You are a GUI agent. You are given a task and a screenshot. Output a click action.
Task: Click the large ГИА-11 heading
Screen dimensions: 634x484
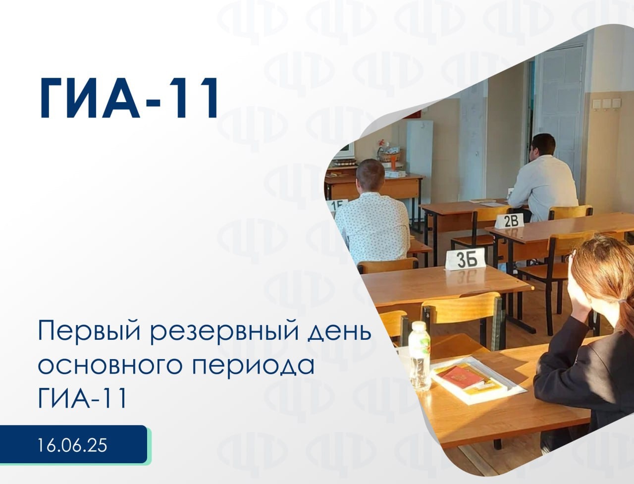point(128,98)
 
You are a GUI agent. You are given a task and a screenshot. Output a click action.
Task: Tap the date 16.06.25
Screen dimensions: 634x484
point(72,445)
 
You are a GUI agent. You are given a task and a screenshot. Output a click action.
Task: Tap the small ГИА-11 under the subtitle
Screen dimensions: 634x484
point(82,398)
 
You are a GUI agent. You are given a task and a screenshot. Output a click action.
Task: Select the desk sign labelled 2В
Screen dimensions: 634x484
point(510,221)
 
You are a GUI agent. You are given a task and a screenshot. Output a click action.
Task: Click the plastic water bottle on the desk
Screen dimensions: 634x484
point(420,356)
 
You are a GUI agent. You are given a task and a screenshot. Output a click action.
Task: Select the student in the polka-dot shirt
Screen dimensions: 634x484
point(372,212)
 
